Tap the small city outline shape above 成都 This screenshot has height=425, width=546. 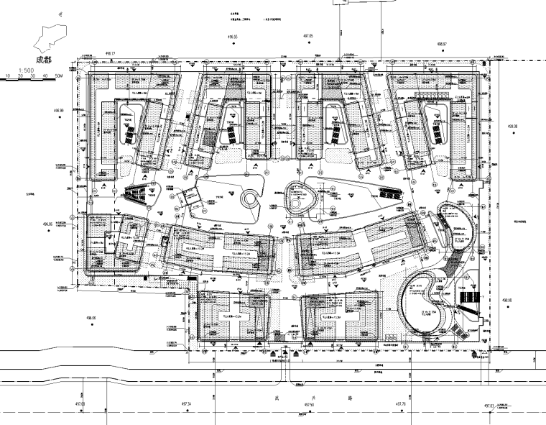coord(50,36)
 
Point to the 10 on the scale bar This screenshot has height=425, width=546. coord(7,75)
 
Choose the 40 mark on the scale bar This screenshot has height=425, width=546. coord(47,75)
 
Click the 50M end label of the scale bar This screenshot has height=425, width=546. coord(60,75)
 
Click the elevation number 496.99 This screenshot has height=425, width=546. coord(57,111)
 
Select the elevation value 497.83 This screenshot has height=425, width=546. coord(490,406)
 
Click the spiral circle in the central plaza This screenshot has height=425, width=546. coord(251,198)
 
